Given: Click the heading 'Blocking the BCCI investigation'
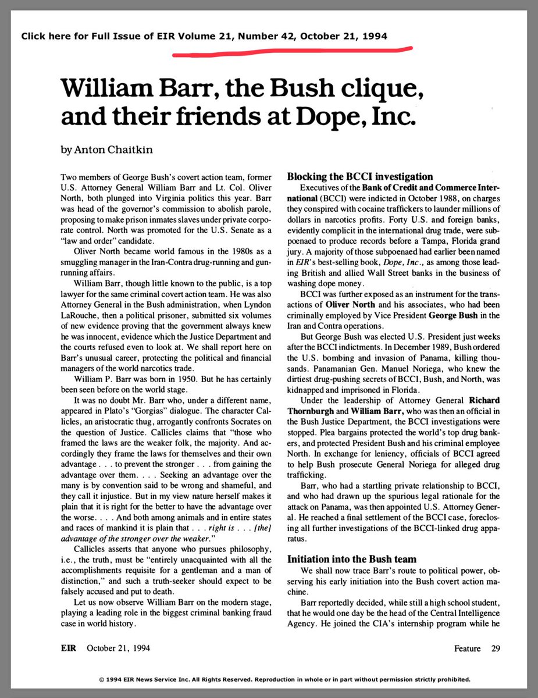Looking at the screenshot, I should tap(360, 176).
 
